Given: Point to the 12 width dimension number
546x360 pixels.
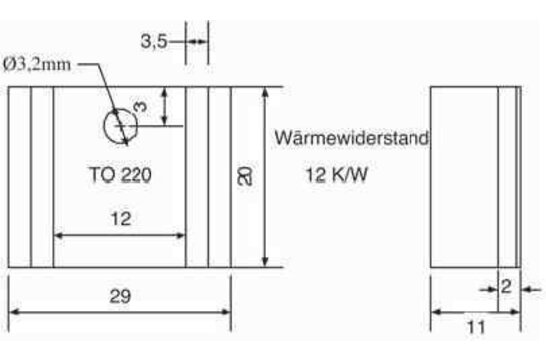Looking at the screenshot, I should point(120,219).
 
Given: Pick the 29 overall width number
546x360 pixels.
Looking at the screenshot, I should point(120,297).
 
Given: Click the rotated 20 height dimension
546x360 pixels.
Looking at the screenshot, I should point(246,177).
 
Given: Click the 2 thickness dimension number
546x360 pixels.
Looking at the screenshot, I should point(506,287).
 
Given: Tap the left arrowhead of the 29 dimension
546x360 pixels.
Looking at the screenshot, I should point(13,312).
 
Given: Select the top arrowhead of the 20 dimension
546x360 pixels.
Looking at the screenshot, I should point(264,93).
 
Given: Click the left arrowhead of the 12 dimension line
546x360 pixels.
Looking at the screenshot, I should point(59,236).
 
